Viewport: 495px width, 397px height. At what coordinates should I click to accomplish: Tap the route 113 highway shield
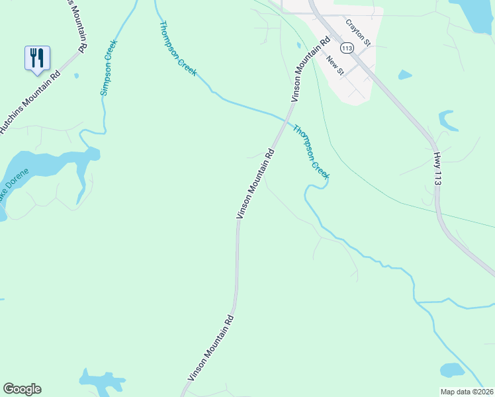coord(347,48)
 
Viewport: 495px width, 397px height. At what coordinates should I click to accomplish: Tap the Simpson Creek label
coord(109,67)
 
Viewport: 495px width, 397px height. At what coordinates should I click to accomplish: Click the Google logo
coord(22,389)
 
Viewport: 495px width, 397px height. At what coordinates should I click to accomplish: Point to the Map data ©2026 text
coord(467,392)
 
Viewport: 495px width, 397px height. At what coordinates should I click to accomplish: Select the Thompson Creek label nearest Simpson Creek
coord(177,48)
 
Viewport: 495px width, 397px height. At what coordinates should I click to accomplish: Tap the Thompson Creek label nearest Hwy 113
coord(310,150)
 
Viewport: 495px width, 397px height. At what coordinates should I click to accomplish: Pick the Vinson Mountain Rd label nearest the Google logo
coord(211,347)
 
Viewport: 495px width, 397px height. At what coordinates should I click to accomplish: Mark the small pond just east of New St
coord(405,75)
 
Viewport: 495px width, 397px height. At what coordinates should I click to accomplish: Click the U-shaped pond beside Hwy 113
coord(449,120)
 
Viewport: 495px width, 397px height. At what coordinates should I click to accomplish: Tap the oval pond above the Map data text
coord(452,370)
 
